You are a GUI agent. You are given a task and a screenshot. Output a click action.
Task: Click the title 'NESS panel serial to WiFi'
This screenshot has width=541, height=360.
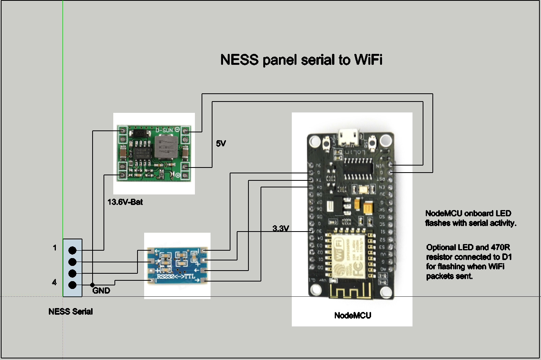[301, 60]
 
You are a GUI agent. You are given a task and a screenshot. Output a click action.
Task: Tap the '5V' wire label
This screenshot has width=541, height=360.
[221, 144]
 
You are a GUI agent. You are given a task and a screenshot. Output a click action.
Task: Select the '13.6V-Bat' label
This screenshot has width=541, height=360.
[125, 202]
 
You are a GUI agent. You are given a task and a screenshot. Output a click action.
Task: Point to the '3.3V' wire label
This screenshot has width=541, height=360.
[280, 228]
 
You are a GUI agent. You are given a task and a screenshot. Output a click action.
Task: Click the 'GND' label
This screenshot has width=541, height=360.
[101, 290]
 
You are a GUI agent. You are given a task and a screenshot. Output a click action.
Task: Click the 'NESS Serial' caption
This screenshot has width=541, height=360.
[71, 312]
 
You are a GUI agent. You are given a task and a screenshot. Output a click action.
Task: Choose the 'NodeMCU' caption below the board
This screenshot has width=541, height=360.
[352, 315]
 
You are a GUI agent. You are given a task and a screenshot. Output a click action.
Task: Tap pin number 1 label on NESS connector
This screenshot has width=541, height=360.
[55, 248]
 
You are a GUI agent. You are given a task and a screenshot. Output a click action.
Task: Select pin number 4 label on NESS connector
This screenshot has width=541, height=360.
[54, 282]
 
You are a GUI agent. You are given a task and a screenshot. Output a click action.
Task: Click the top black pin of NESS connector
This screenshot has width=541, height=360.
[72, 250]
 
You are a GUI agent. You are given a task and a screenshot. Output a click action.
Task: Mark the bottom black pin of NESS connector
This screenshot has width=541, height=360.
[72, 285]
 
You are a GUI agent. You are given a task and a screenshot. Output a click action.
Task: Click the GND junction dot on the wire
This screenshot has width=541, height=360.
[92, 285]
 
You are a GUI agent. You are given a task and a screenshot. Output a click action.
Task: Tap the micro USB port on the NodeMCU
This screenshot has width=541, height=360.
[348, 137]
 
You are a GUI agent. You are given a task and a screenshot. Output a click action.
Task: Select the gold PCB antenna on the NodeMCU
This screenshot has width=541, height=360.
[350, 291]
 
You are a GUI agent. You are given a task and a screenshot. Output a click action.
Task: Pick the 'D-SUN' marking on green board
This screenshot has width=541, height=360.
[164, 130]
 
